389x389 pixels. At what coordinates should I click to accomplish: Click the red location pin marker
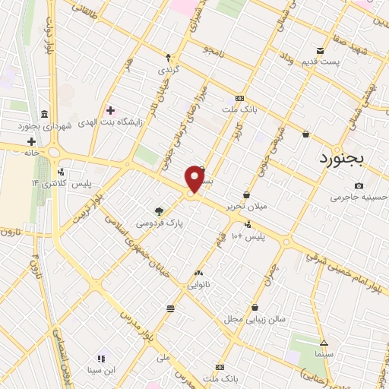[x=195, y=179]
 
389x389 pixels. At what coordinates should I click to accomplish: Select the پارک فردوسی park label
[x=160, y=223]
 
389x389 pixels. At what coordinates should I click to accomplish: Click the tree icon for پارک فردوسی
[x=159, y=211]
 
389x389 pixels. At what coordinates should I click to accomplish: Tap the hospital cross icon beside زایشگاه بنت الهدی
[x=110, y=111]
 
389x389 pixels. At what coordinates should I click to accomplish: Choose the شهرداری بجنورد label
[x=69, y=125]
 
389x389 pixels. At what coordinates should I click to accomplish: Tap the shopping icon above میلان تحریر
[x=246, y=194]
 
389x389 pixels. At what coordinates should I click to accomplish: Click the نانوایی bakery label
[x=200, y=285]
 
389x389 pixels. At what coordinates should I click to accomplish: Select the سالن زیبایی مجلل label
[x=255, y=319]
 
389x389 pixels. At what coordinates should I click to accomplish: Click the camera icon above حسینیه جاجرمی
[x=359, y=185]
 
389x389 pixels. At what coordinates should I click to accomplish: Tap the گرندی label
[x=168, y=69]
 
